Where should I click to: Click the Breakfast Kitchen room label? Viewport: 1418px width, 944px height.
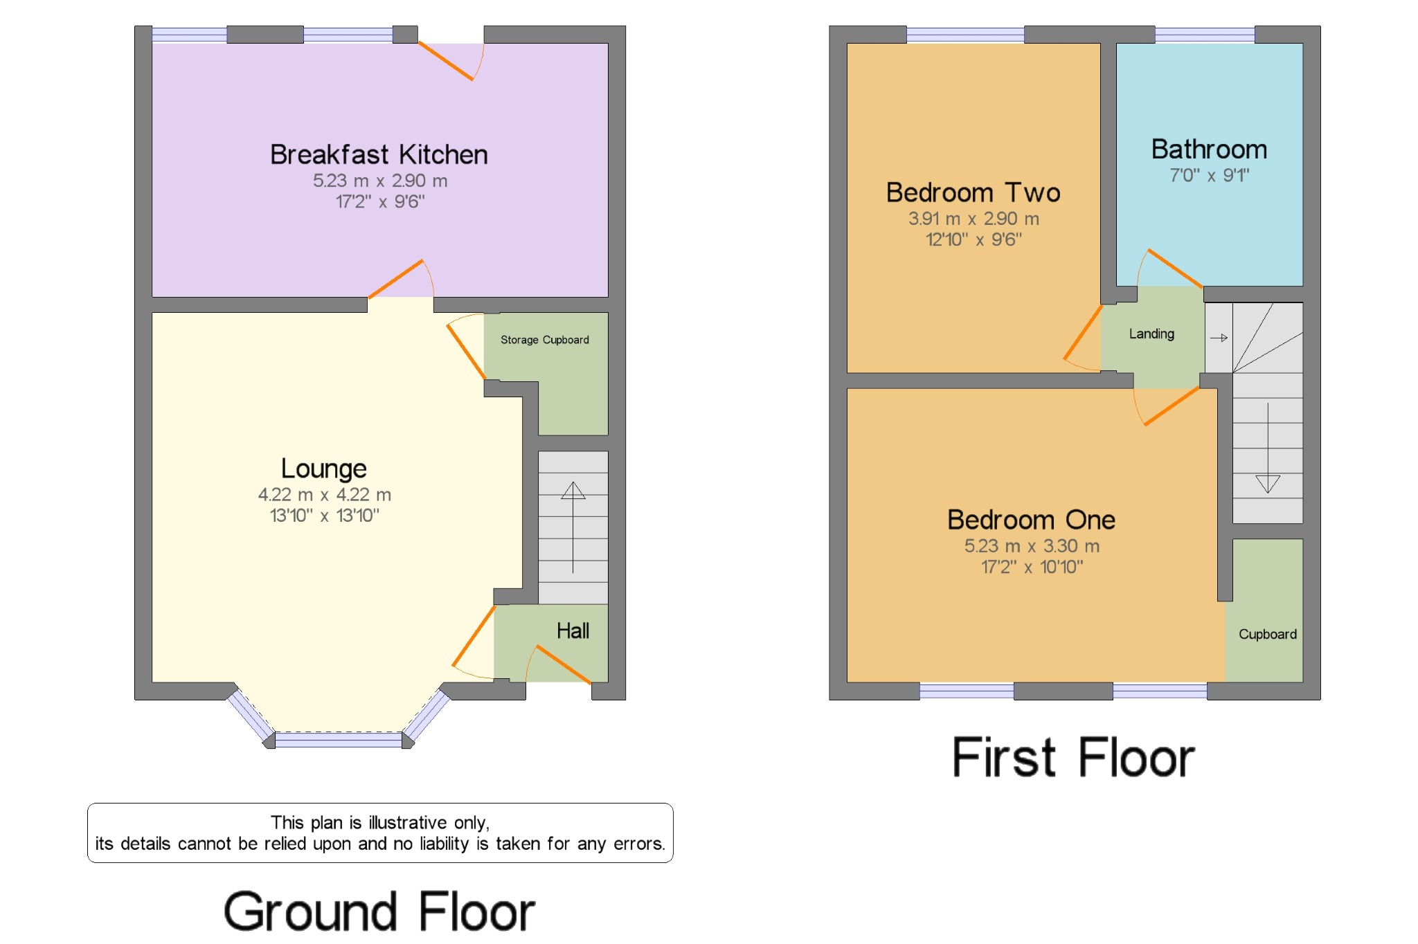[379, 154]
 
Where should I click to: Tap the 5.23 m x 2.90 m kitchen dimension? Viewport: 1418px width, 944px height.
[380, 181]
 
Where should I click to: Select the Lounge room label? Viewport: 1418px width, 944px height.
[323, 469]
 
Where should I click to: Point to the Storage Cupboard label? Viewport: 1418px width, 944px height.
[544, 340]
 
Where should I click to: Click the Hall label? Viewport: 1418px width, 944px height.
[573, 630]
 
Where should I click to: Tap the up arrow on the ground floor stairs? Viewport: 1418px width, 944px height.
[573, 491]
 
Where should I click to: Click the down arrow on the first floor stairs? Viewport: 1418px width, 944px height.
[1267, 483]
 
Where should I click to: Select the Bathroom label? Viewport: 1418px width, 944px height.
[1209, 149]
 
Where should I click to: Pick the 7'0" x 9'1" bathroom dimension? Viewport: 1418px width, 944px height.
[1209, 175]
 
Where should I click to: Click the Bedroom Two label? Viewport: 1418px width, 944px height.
[973, 192]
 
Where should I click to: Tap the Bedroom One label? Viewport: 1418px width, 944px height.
[1031, 520]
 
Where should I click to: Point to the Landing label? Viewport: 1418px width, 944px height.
[1151, 334]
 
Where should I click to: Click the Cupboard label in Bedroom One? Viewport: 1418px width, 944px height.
[1267, 634]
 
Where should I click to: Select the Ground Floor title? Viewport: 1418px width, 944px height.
[379, 911]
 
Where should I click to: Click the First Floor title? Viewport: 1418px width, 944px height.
[1073, 758]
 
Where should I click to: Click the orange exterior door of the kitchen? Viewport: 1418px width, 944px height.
[446, 61]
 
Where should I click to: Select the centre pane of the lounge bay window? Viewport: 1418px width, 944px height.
[338, 741]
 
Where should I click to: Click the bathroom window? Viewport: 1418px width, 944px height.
[1205, 34]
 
